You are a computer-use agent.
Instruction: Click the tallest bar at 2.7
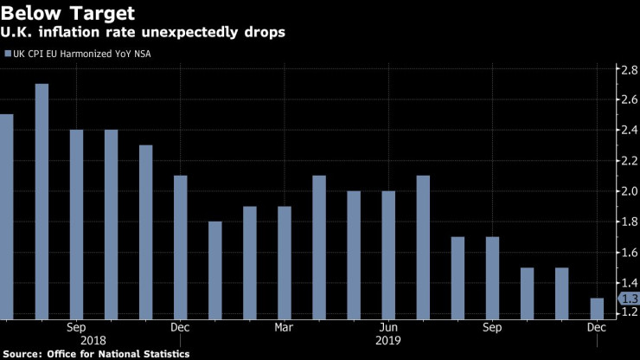click(42, 201)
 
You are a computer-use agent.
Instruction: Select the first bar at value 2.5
click(6, 216)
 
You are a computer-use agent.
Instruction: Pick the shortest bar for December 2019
click(596, 308)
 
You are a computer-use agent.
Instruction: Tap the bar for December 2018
click(180, 247)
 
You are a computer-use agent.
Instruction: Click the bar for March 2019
click(285, 262)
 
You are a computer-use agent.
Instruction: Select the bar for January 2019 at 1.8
click(214, 270)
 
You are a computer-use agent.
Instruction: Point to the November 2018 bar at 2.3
click(145, 231)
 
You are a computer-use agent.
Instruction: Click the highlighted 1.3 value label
click(628, 299)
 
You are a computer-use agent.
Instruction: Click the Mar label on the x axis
click(284, 327)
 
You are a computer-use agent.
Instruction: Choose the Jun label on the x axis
click(388, 327)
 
